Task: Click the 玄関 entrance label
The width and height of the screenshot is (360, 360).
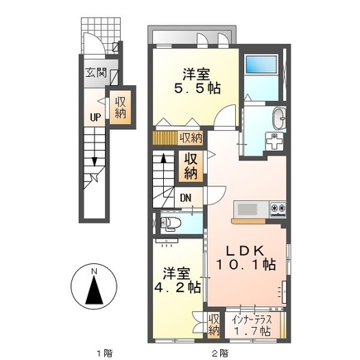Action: pos(95,73)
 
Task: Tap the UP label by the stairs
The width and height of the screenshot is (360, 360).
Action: pos(95,118)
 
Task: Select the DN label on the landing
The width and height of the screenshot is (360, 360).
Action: pos(185,198)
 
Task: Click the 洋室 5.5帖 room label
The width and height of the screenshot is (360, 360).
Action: pos(197,81)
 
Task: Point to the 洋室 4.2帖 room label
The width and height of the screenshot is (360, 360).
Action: pos(177,281)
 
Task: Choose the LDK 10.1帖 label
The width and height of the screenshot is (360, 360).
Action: pos(246,257)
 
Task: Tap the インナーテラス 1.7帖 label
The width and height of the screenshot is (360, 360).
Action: pos(252,326)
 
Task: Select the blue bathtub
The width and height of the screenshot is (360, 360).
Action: pos(261,65)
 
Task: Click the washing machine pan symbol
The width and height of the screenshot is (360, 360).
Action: pos(275,141)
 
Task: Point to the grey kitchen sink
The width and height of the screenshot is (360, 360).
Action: pos(247,209)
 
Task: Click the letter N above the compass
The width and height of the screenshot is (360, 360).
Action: pos(94,271)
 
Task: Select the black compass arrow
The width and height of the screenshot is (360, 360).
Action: pos(94,290)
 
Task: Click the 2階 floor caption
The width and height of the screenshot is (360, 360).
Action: pos(220,353)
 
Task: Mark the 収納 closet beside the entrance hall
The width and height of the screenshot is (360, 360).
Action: pos(121,108)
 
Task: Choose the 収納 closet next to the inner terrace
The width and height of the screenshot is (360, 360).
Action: pos(214,324)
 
